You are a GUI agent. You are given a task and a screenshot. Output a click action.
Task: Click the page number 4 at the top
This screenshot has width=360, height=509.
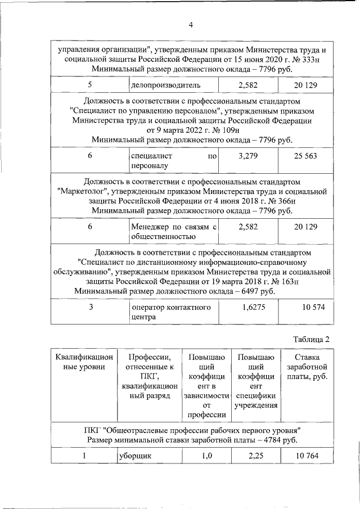point(190,25)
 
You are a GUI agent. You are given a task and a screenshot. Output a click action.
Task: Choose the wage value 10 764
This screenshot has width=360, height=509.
point(305,456)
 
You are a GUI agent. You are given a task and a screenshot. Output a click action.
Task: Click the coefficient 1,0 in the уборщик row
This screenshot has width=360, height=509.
point(206,456)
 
